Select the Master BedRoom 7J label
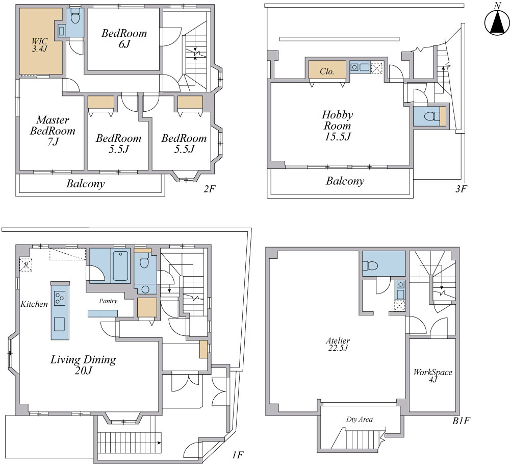(53, 131)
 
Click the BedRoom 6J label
(124, 38)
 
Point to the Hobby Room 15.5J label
(337, 126)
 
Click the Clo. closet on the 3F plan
(327, 69)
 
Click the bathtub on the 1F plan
(121, 266)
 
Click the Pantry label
(108, 301)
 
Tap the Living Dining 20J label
(83, 364)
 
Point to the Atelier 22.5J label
(338, 345)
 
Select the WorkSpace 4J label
(432, 375)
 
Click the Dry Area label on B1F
(360, 420)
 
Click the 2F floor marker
(210, 189)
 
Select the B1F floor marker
(461, 421)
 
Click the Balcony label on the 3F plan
(345, 181)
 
